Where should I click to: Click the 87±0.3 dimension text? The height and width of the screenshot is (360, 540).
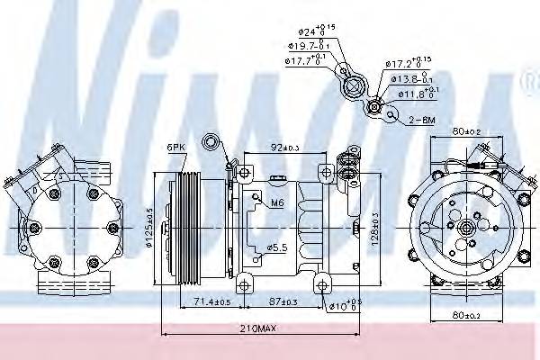point(285,301)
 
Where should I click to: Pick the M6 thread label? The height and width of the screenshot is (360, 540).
point(277,204)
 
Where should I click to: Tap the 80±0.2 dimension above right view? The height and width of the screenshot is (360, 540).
point(465,130)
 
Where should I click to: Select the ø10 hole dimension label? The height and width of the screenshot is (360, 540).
point(341,306)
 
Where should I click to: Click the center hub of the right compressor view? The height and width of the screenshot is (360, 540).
point(466,229)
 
